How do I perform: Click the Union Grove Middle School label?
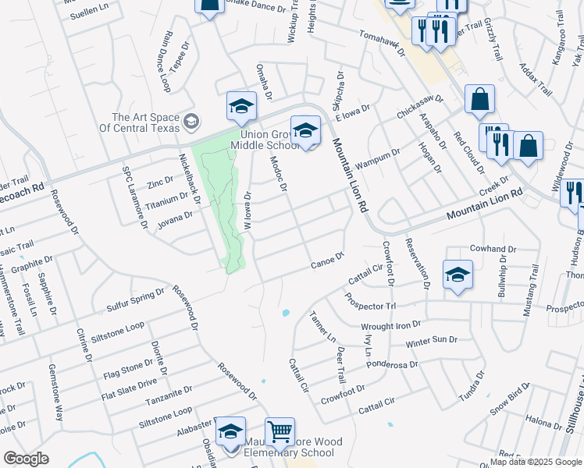[269, 140]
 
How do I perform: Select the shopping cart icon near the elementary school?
[280, 431]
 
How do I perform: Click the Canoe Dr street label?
[328, 258]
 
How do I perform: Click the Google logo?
[26, 459]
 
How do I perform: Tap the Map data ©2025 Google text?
[536, 462]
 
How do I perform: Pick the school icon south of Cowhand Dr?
[458, 275]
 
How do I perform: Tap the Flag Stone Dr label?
[127, 369]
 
